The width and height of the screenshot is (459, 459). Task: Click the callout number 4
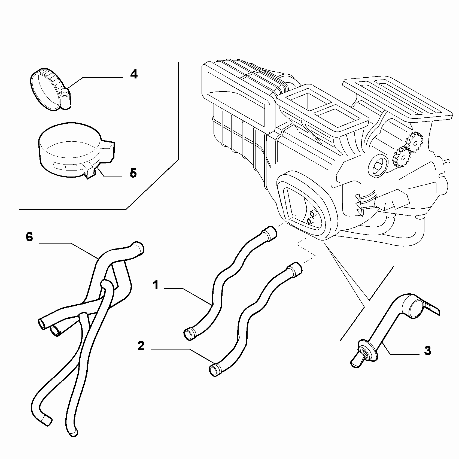(133, 74)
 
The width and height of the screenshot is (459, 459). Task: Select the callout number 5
(133, 173)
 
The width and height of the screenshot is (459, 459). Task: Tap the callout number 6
(29, 237)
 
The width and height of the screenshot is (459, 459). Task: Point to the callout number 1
(156, 286)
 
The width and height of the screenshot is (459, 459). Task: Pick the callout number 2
(141, 346)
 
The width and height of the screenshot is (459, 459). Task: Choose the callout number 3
(428, 351)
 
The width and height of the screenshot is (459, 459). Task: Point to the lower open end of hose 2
(215, 370)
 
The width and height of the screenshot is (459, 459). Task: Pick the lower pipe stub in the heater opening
(310, 221)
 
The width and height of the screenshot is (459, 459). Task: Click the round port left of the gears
(378, 165)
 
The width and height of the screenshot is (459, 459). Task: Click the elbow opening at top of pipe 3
(414, 306)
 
